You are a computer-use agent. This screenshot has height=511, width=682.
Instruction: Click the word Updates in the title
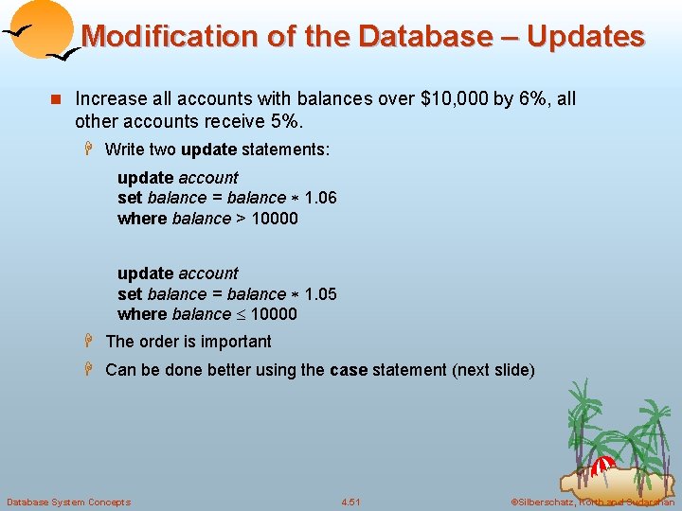click(585, 37)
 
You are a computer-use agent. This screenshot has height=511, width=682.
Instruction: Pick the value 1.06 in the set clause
click(320, 198)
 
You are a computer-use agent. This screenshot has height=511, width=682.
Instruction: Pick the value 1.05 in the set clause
click(320, 293)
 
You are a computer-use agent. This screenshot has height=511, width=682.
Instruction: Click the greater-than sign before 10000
click(241, 219)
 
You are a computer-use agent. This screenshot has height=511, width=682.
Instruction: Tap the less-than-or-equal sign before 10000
click(241, 314)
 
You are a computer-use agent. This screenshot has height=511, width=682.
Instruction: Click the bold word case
click(349, 370)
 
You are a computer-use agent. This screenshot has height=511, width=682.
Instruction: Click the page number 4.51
click(351, 502)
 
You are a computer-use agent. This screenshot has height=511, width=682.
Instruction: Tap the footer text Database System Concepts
click(69, 502)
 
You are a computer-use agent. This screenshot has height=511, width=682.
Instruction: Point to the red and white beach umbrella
click(603, 464)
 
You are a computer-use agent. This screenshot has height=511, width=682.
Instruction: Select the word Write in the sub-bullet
click(125, 150)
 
